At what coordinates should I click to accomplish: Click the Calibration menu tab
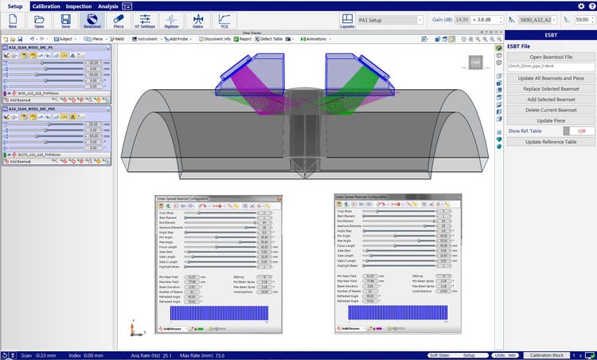point(45,6)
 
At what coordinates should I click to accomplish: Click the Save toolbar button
point(64,21)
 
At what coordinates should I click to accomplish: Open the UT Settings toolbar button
point(144,21)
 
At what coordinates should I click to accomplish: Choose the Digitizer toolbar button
point(171,21)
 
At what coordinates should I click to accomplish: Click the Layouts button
point(347,21)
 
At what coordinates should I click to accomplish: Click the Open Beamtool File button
point(551,57)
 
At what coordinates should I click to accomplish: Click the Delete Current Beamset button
point(551,109)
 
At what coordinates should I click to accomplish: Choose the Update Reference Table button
point(551,141)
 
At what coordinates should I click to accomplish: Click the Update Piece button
point(551,119)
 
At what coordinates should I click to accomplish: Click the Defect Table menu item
point(271,37)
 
